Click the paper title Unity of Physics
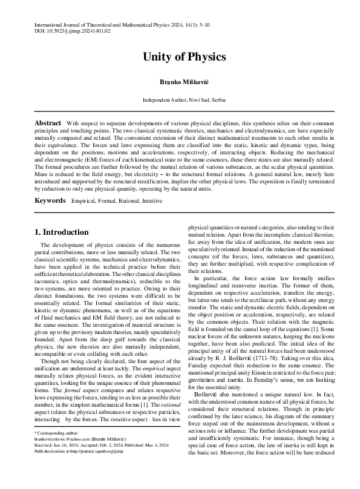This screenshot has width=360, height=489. tap(184, 57)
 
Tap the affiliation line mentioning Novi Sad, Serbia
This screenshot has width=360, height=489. tap(184, 99)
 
